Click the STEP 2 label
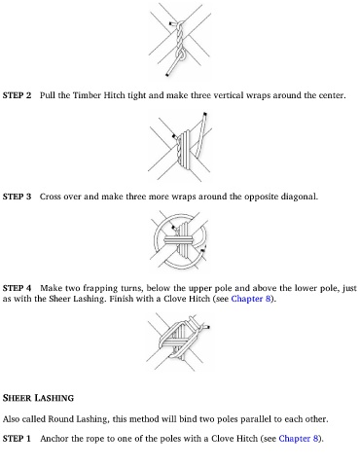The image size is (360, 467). [17, 95]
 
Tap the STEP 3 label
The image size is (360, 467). [17, 197]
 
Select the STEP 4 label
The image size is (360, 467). [17, 288]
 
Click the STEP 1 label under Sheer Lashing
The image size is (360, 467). [17, 439]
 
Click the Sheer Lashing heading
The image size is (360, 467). [38, 398]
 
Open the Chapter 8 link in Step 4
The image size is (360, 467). [251, 299]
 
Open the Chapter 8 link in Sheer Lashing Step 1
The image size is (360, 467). [299, 439]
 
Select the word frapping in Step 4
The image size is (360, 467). [100, 288]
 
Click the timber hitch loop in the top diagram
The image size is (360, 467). [181, 54]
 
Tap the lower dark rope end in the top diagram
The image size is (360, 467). [167, 75]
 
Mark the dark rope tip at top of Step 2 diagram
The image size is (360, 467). [204, 114]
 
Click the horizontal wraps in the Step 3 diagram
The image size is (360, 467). [178, 240]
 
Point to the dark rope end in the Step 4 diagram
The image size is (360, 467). [207, 327]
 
